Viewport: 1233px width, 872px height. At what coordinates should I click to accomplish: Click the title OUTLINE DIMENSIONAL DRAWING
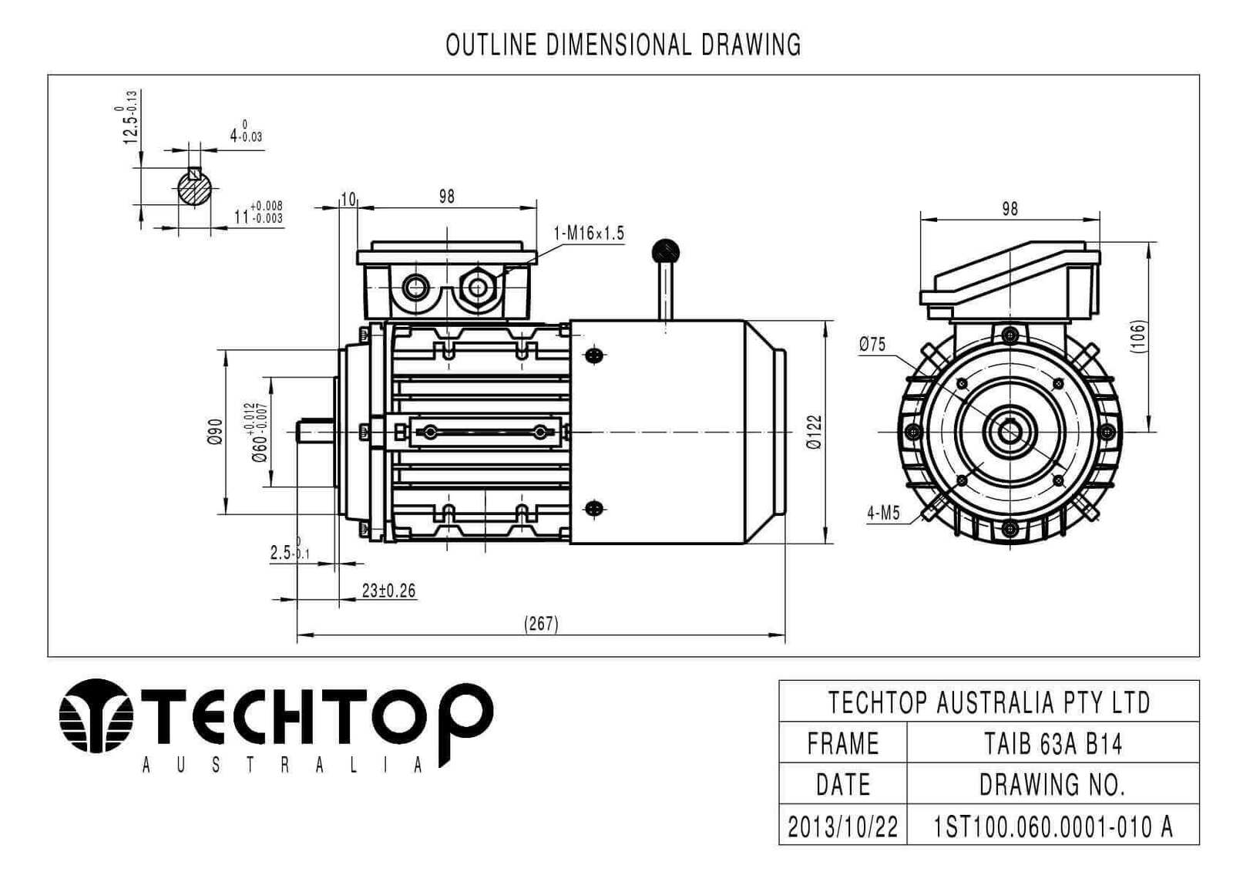click(x=623, y=45)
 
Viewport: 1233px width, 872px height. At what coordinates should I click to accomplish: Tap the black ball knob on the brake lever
click(x=665, y=252)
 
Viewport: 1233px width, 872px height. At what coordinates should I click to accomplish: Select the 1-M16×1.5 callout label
click(x=589, y=233)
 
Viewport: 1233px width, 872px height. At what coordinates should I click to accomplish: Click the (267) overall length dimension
click(x=540, y=624)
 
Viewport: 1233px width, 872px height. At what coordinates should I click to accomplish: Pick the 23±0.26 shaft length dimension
click(x=388, y=591)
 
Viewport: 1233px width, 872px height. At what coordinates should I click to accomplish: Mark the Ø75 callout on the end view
click(x=872, y=345)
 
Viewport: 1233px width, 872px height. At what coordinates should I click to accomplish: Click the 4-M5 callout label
click(x=883, y=513)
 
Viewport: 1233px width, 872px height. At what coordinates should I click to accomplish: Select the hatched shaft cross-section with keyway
click(x=195, y=188)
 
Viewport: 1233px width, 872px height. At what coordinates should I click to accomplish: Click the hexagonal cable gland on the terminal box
click(x=477, y=287)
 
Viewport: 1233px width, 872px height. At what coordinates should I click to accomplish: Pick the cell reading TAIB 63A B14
click(x=1053, y=744)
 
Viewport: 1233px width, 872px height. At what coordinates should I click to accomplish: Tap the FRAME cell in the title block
click(x=843, y=744)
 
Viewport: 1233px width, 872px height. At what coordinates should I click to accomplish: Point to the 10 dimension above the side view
click(x=348, y=200)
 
